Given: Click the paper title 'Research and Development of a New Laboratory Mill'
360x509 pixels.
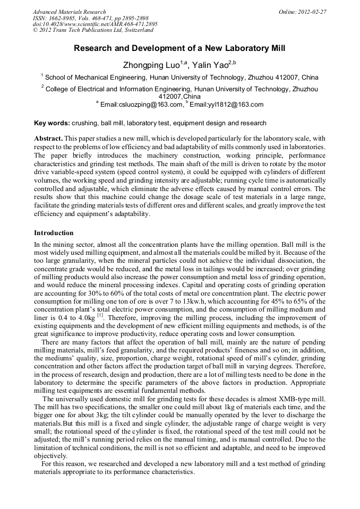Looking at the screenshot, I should (x=179, y=48).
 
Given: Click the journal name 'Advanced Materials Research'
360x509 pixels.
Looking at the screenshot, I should (x=69, y=12).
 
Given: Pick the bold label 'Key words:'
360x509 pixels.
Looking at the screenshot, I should (x=52, y=123).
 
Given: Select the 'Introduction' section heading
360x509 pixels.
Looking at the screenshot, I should (x=54, y=233).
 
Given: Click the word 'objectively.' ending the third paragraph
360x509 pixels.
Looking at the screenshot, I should (x=52, y=455).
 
